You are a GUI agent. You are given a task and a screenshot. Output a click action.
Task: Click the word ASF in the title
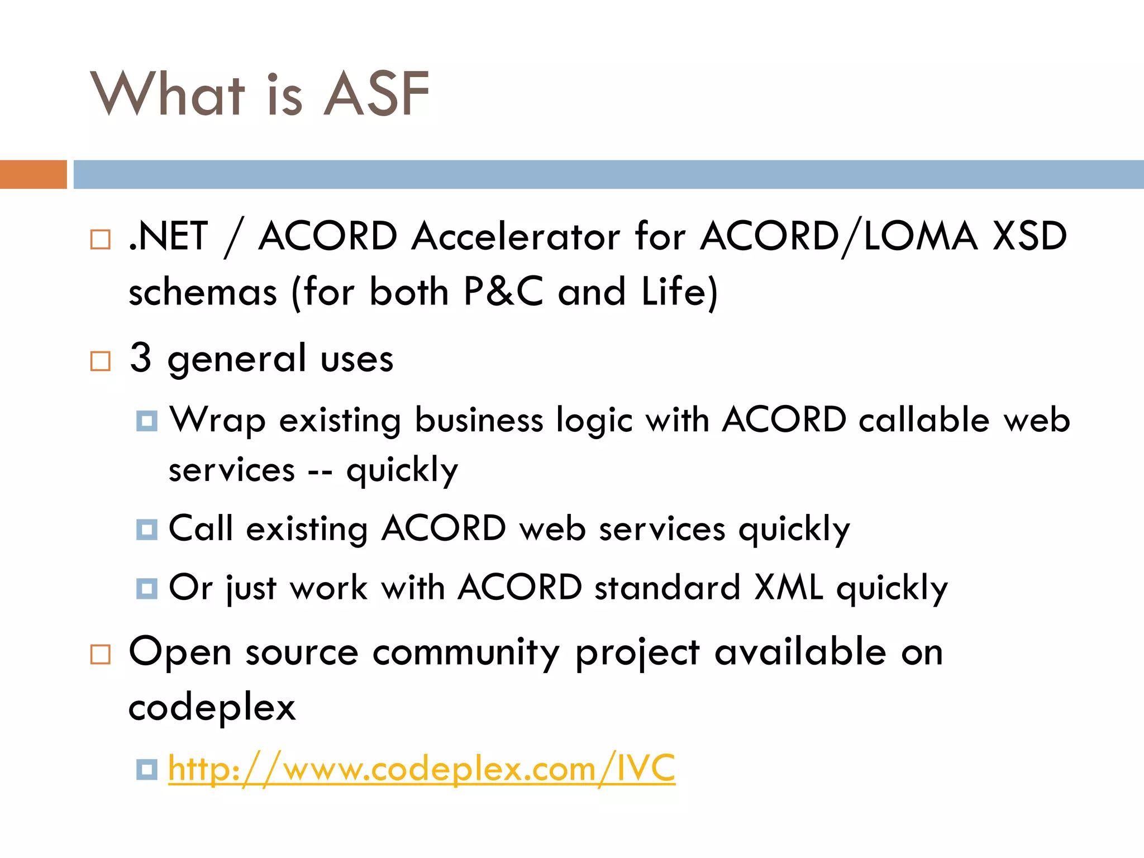coord(376,94)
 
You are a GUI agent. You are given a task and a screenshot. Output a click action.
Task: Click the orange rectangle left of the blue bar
coord(33,174)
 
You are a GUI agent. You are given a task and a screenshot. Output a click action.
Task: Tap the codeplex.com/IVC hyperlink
coord(421,769)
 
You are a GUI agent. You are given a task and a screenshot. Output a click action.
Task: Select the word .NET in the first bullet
coord(168,236)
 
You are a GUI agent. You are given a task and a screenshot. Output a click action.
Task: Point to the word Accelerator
coord(516,236)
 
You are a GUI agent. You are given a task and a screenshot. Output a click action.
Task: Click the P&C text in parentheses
coord(503,292)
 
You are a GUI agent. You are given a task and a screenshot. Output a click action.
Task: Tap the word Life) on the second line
coord(679,292)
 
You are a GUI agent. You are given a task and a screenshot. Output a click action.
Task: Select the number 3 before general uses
coord(140,357)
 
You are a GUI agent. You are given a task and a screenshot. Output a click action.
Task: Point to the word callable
coord(924,420)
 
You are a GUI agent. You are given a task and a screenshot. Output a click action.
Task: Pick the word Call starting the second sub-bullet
coord(201,528)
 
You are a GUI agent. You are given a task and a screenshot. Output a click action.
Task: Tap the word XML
coord(788,588)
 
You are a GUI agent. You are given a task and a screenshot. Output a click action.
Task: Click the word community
coord(466,652)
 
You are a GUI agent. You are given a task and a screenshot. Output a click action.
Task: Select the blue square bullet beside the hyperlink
coord(147,769)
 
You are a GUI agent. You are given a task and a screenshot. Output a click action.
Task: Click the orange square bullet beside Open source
coord(101,654)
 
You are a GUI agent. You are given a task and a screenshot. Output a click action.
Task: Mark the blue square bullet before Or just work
coord(147,588)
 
